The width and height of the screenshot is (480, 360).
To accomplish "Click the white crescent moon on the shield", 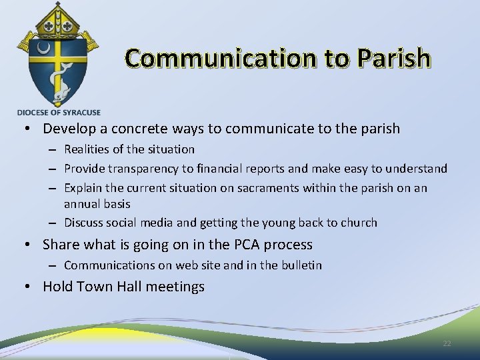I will pyautogui.click(x=43, y=49).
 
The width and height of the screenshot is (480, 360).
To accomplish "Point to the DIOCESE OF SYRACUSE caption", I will pyautogui.click(x=59, y=112).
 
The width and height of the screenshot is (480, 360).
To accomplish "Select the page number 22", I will pyautogui.click(x=447, y=343).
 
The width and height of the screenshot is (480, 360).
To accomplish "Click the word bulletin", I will pyautogui.click(x=301, y=265).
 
